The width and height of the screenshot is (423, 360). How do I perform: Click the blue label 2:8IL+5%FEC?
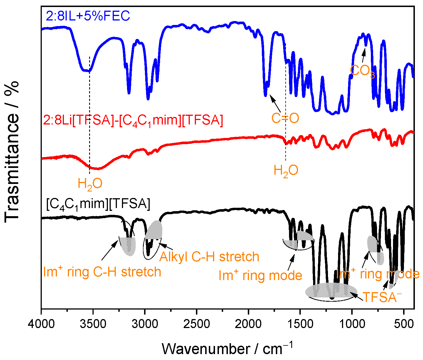coord(88,16)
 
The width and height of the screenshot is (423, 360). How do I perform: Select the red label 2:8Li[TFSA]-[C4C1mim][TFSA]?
coord(133,121)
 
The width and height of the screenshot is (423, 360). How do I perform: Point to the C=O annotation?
coord(285,118)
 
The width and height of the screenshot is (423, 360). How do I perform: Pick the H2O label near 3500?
coord(90,184)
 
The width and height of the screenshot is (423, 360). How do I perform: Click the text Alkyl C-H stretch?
coord(209,257)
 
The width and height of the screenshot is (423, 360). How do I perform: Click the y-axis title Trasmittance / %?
coord(12,152)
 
